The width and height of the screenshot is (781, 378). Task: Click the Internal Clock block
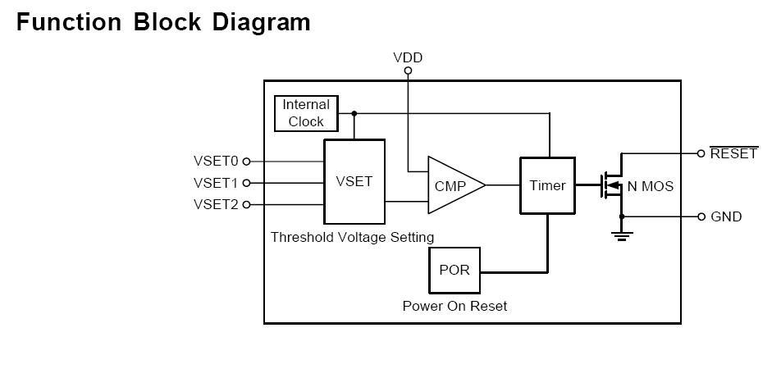coord(305,113)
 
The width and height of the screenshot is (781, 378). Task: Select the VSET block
coord(354,181)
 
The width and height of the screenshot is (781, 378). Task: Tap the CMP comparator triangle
coord(451,186)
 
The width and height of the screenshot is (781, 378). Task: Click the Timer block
coord(547,185)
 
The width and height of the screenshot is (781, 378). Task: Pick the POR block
coord(454,270)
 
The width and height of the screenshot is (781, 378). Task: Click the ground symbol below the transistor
coord(622,235)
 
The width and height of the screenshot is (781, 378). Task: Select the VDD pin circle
coord(408,71)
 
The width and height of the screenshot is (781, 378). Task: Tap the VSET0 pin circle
coord(246,162)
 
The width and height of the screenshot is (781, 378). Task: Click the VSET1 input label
coord(215,183)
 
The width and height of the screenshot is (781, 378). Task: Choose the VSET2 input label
coord(215,204)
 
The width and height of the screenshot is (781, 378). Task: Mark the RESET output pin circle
coord(701,153)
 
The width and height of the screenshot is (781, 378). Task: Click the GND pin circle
coord(701,216)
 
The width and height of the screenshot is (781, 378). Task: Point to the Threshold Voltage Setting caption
coord(352,237)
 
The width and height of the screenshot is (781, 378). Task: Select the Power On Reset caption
coord(454,306)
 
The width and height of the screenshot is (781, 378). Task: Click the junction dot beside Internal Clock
coord(354,113)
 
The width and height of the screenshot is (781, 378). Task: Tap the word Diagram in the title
coord(261,22)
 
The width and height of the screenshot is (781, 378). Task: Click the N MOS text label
coord(650,186)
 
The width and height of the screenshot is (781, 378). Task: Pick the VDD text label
coord(408,57)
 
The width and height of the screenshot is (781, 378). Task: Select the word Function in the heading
coord(67,22)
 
